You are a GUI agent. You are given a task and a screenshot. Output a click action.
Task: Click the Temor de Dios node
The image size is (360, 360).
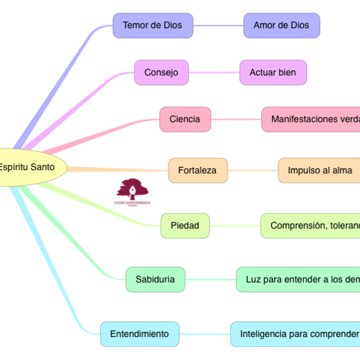(153, 26)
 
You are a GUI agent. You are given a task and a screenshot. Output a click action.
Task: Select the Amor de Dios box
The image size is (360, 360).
(281, 26)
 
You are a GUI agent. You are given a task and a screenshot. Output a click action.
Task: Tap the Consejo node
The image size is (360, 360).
(161, 73)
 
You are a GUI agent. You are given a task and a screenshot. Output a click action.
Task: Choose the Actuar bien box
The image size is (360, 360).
(273, 73)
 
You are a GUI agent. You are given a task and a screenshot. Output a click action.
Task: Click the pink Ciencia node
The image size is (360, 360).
(185, 120)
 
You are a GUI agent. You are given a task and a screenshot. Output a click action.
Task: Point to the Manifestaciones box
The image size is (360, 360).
(311, 120)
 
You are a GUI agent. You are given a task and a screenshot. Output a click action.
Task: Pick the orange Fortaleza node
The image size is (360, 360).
(198, 171)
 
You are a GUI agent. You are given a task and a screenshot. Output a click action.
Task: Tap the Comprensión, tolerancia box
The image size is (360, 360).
(311, 226)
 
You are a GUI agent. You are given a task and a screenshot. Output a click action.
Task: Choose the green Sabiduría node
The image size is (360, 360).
(154, 279)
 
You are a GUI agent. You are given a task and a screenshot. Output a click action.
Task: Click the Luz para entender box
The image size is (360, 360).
(298, 279)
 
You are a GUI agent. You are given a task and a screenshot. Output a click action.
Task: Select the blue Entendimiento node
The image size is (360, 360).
(139, 334)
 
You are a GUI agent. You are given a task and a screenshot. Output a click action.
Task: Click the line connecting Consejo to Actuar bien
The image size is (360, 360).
(213, 73)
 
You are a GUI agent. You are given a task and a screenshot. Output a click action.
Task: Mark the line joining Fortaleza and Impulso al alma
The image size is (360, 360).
(253, 171)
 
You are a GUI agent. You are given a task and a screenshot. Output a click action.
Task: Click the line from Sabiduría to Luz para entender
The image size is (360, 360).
(210, 279)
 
